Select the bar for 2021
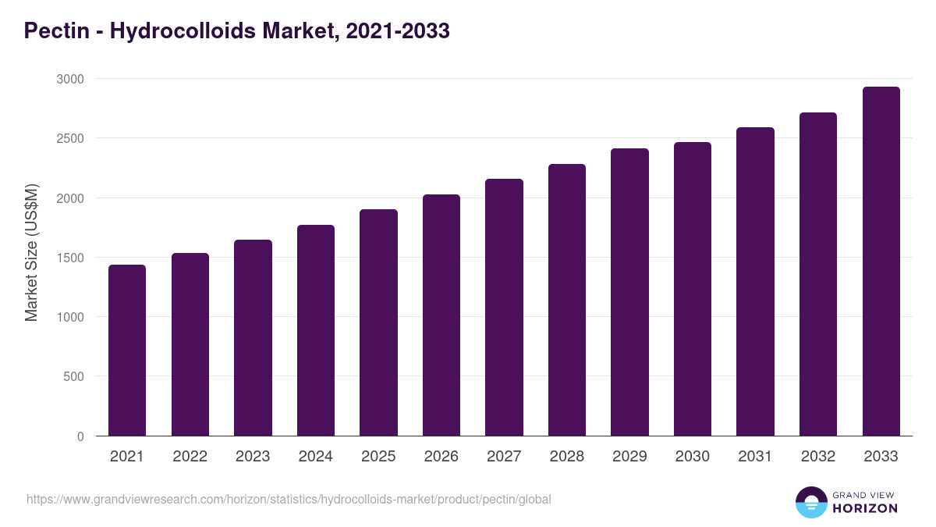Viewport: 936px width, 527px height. tap(127, 351)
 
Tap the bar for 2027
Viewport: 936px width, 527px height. tap(504, 308)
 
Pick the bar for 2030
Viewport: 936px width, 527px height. tap(693, 289)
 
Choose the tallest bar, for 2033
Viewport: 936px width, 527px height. tap(881, 262)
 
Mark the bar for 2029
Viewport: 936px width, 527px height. tap(629, 292)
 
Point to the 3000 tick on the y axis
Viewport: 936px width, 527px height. tap(71, 79)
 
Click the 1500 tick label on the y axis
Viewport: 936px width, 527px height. tap(71, 258)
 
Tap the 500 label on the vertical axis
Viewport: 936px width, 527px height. tap(75, 376)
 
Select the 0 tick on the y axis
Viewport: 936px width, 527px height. tap(81, 436)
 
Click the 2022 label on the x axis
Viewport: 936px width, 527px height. tap(190, 457)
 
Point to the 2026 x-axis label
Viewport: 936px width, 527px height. tap(441, 457)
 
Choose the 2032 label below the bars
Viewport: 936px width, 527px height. tap(818, 457)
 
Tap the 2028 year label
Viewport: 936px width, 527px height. tap(567, 457)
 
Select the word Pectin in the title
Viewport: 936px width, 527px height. tap(55, 31)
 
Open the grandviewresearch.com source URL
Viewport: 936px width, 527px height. tap(289, 499)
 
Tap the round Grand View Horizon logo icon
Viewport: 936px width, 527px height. tap(810, 502)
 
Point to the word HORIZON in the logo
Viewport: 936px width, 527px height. tap(865, 508)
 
